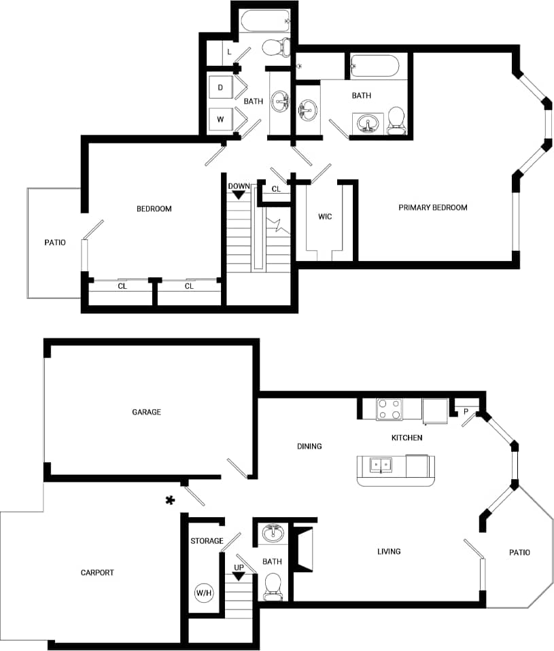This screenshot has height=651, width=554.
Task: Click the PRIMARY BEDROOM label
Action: pos(432,207)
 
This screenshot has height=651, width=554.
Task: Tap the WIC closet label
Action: pos(325,217)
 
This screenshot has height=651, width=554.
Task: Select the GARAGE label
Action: pos(146,412)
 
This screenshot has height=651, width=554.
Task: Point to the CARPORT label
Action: pos(97,572)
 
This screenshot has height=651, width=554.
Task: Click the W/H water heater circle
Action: pos(204,593)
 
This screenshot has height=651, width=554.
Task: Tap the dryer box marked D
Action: pos(220,88)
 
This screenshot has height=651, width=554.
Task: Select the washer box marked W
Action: pos(220,119)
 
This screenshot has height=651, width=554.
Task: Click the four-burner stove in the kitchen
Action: pos(389,409)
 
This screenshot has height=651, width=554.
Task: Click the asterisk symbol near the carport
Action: pos(170,501)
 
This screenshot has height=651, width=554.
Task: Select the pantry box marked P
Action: pos(466,410)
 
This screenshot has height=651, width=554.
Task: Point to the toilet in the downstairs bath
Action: pos(273,585)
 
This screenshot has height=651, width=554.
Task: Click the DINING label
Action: pos(309,446)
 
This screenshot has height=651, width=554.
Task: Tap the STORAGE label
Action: pos(207,541)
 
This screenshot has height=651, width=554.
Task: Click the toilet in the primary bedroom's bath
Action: pos(396,120)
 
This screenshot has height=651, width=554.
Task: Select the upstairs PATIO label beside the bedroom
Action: pos(55,242)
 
